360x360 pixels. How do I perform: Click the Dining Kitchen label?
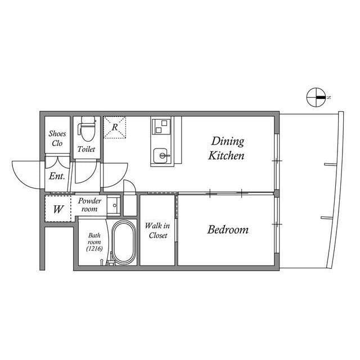(x=226, y=148)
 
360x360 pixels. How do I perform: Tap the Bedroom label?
(x=228, y=229)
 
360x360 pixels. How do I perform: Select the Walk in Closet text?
(x=157, y=231)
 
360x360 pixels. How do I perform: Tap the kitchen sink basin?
(x=162, y=156)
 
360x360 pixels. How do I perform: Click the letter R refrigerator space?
(x=115, y=127)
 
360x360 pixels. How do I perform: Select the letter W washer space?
(x=58, y=209)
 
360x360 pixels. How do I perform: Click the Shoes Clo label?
(x=57, y=138)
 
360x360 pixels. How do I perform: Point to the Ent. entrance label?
(x=57, y=176)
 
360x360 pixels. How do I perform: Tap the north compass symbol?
(x=316, y=97)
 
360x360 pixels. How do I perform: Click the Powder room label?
(x=89, y=205)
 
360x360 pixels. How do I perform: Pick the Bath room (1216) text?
(x=94, y=242)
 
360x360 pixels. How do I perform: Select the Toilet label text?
(x=86, y=149)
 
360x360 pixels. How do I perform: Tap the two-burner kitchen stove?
(x=161, y=126)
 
